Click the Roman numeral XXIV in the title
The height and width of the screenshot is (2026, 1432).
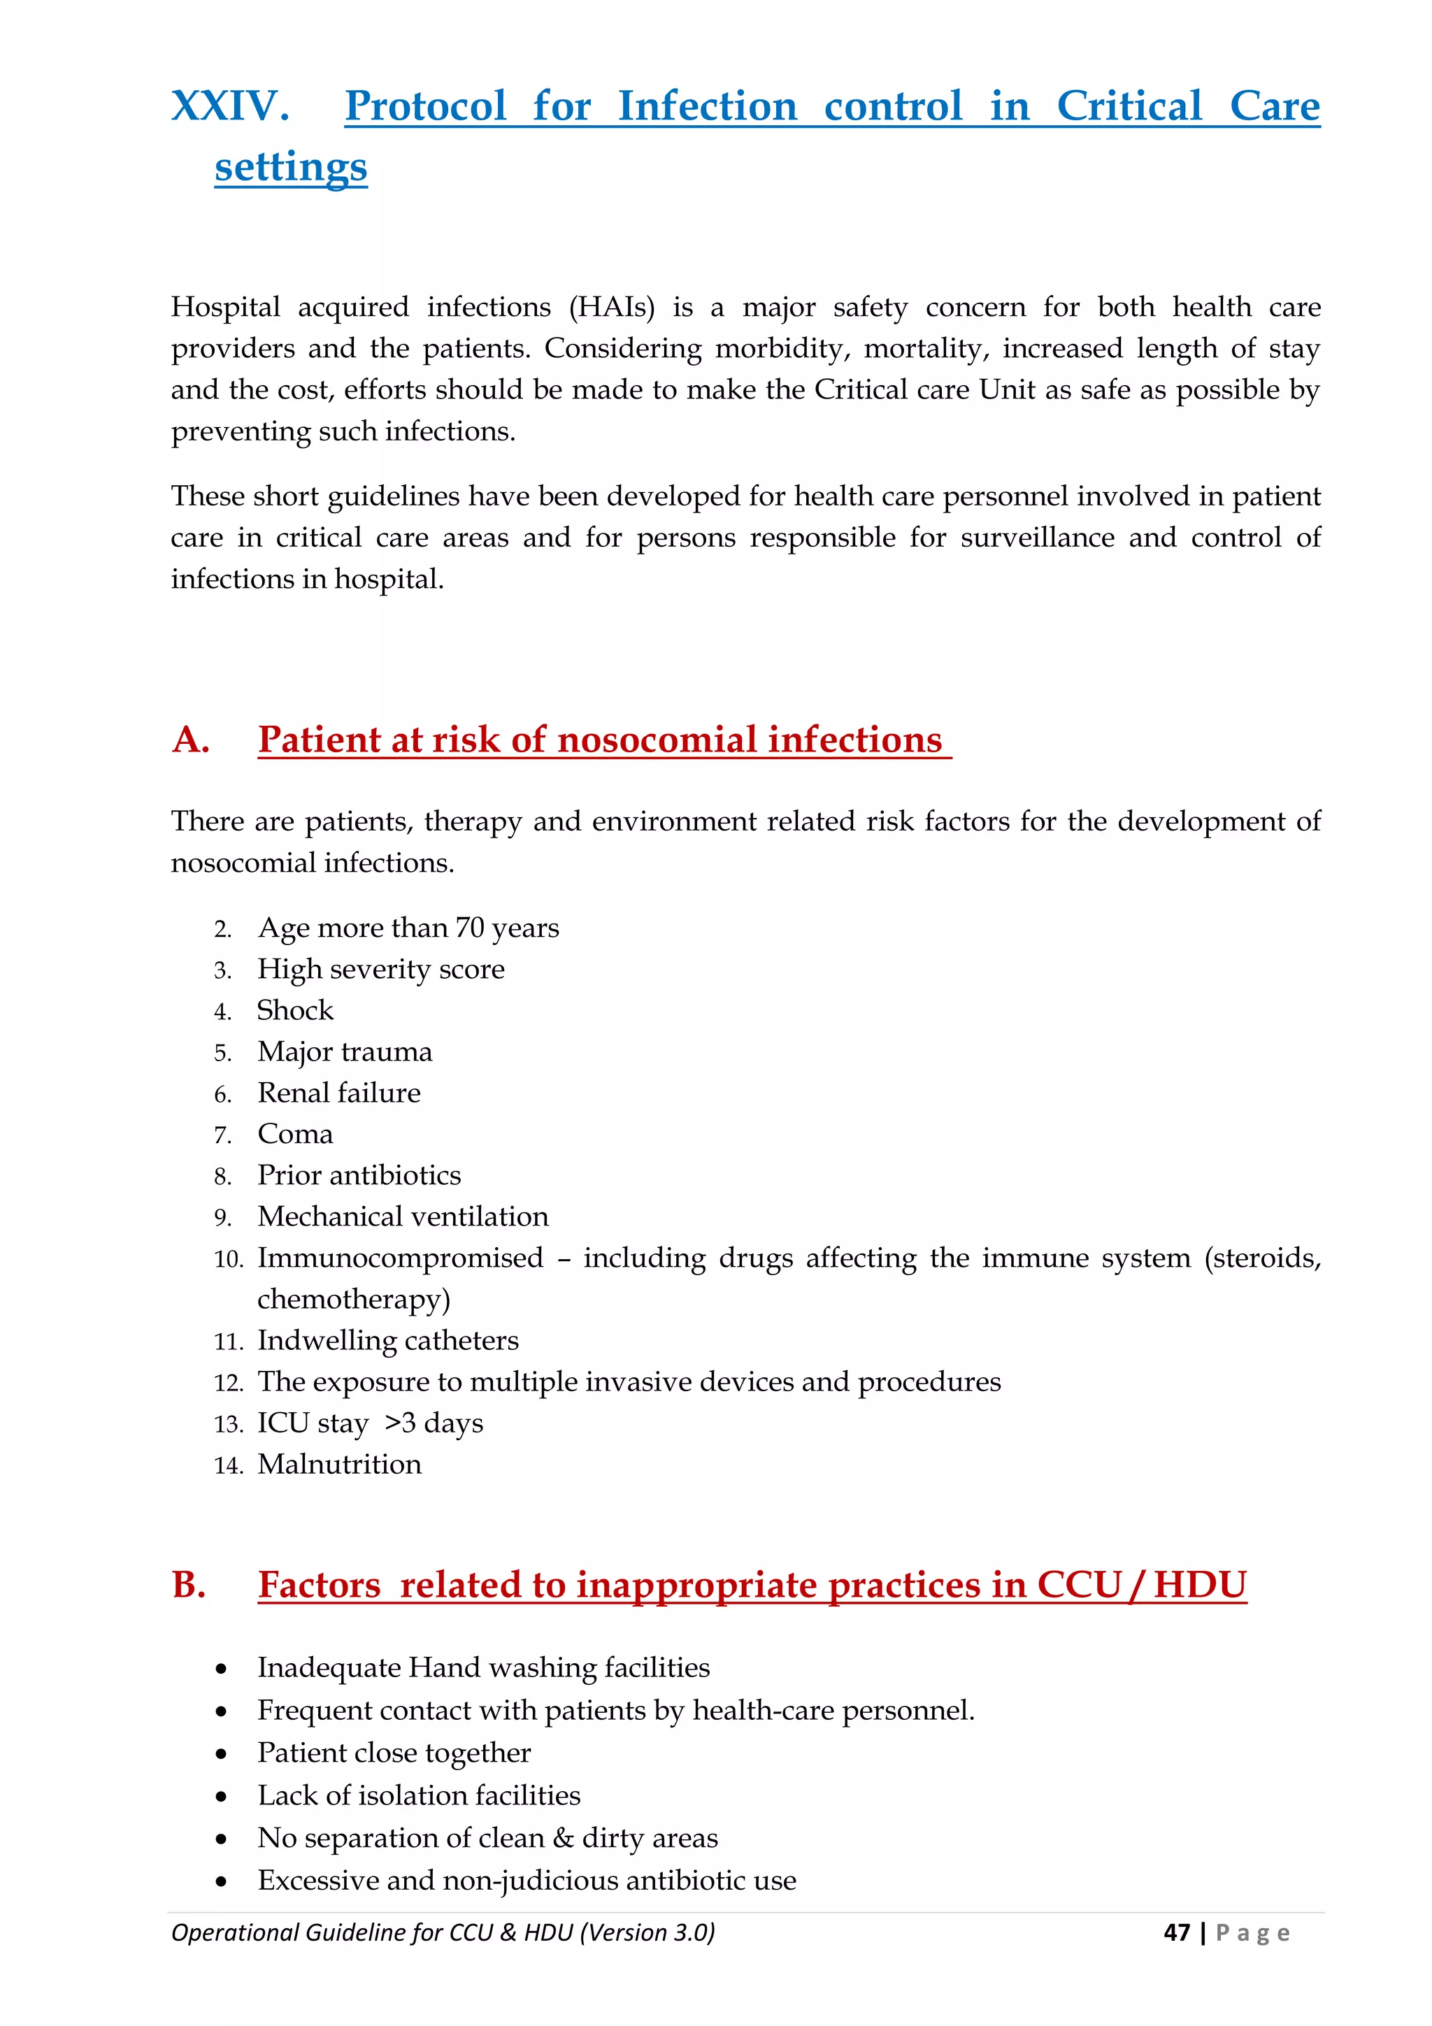[229, 107]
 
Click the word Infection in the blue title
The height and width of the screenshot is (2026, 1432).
[707, 107]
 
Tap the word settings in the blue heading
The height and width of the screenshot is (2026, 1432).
[290, 167]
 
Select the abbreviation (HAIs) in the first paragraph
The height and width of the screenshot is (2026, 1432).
[613, 306]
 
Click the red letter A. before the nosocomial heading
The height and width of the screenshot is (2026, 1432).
[191, 740]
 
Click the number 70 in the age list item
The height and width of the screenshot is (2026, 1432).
[469, 928]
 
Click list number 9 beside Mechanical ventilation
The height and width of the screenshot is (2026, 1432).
[222, 1218]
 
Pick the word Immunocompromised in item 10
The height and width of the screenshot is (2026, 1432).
[400, 1258]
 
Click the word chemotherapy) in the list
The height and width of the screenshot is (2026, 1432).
[353, 1299]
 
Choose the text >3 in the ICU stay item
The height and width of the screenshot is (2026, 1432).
[400, 1423]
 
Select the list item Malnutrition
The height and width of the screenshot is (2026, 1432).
[339, 1464]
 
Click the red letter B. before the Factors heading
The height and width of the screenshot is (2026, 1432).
[189, 1585]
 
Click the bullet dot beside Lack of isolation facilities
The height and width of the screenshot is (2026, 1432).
[222, 1797]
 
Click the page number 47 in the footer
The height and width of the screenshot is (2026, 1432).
[1176, 1932]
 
